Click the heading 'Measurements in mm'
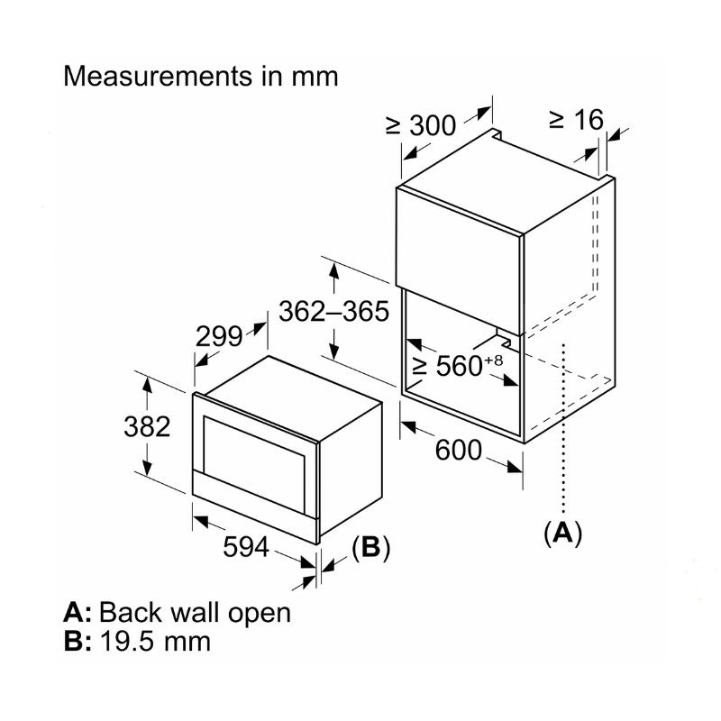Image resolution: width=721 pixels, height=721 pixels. point(200,76)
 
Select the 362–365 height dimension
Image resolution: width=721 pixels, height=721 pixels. point(333,312)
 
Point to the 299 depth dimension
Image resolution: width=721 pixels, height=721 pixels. point(220,336)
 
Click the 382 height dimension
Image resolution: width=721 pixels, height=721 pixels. point(146,425)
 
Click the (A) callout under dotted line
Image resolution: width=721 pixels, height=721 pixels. point(562,533)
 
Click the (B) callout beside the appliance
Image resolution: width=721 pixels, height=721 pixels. point(370,549)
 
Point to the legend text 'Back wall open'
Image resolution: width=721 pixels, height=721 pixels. point(195,613)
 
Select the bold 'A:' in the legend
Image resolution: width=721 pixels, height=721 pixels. point(78,613)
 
